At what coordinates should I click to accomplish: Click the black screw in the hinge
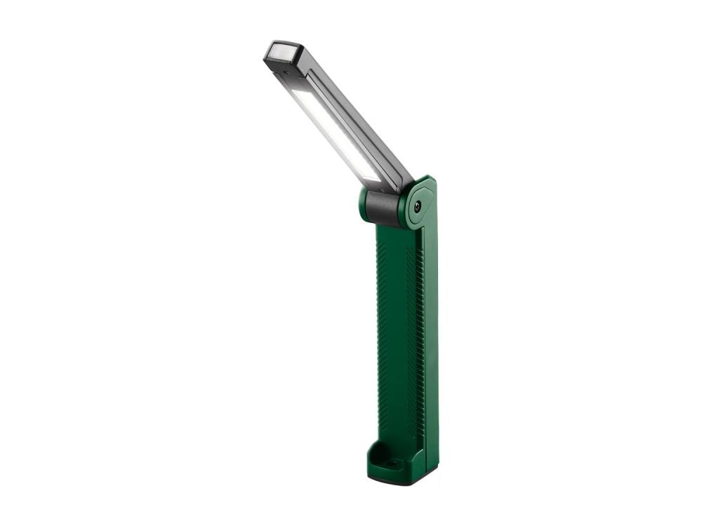coord(418,205)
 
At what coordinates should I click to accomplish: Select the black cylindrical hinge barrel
coord(382,208)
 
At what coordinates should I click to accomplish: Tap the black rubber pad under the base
coord(393,481)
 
